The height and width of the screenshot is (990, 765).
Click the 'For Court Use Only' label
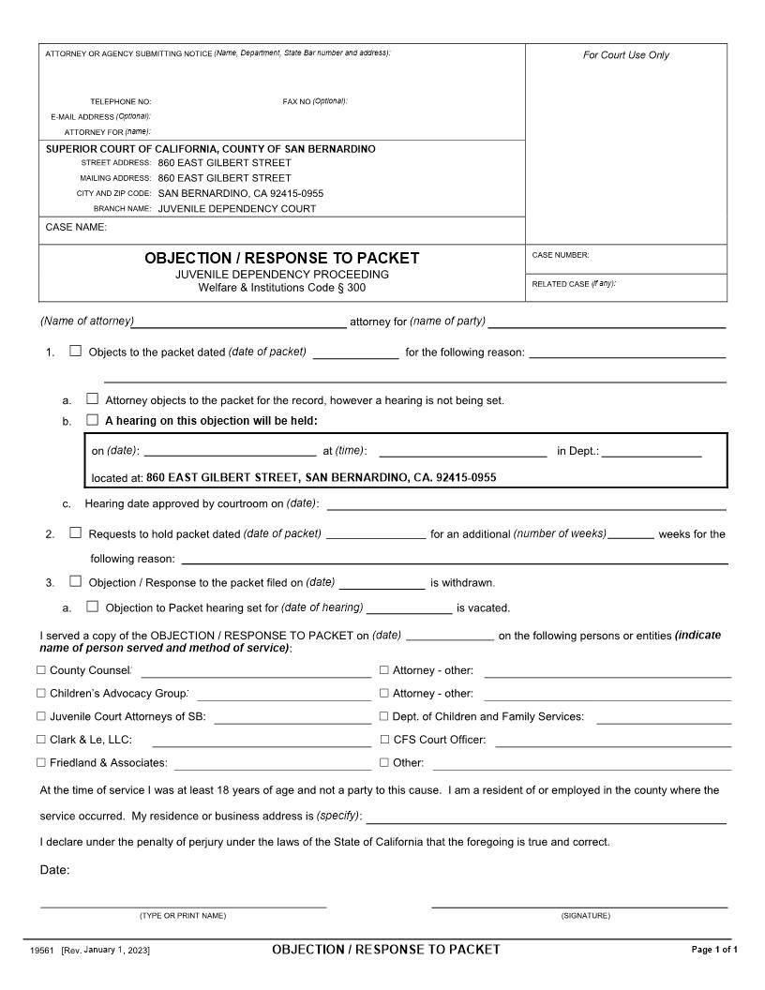click(x=626, y=55)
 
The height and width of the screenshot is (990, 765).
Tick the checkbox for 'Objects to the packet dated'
click(x=76, y=352)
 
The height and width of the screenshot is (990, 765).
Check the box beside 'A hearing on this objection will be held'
click(x=92, y=420)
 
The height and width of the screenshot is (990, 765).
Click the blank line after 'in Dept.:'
click(x=652, y=451)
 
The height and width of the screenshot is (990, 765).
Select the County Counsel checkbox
click(x=40, y=670)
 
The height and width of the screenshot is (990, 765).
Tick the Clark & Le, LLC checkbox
click(x=40, y=740)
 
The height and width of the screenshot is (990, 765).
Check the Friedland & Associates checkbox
click(x=40, y=762)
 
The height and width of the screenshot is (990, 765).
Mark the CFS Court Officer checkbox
click(x=383, y=740)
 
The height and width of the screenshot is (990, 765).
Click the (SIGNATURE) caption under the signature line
click(x=585, y=915)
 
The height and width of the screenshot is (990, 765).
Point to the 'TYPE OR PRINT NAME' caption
click(x=183, y=915)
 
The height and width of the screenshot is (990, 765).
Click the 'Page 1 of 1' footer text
click(x=714, y=950)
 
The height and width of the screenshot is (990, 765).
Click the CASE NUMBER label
click(x=561, y=255)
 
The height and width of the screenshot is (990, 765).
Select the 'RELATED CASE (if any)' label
click(x=574, y=283)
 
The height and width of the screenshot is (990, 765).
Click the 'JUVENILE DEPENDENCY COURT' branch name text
click(x=236, y=208)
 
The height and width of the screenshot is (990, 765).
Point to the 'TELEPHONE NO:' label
click(x=120, y=101)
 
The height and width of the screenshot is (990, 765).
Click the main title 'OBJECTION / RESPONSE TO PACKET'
click(x=281, y=258)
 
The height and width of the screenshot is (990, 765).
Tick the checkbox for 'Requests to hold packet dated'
click(x=76, y=533)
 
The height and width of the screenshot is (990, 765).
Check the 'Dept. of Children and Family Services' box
click(x=383, y=716)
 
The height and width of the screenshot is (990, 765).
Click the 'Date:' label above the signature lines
click(x=54, y=870)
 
